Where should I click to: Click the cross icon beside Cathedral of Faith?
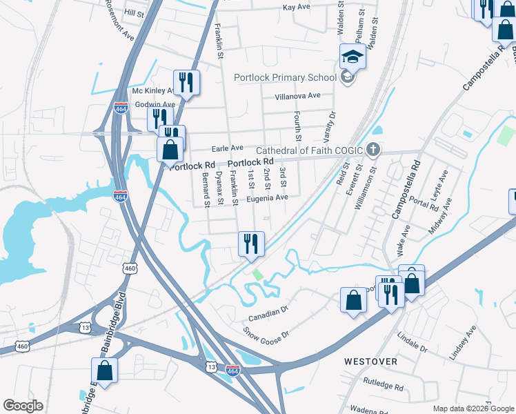coord(373,149)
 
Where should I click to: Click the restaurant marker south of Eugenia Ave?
coord(251,244)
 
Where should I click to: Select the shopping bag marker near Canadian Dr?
coord(353,300)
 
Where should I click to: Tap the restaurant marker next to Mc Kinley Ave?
coord(186,82)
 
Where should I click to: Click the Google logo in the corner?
coord(23,406)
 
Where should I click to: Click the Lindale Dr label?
coord(413,342)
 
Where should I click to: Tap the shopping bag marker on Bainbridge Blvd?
coord(104,371)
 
